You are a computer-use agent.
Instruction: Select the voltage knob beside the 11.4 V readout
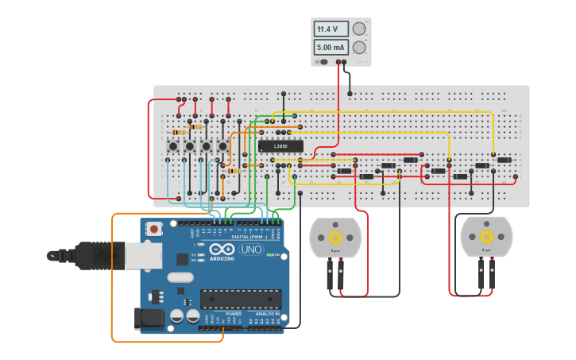coord(359,29)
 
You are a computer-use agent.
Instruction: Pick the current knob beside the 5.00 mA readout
coord(359,48)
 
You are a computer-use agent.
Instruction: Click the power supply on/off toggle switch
coord(322,61)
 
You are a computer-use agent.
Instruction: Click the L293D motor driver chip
coord(280,145)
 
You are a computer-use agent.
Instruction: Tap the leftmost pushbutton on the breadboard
coord(173,146)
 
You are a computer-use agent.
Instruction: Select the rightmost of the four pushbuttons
coord(223,146)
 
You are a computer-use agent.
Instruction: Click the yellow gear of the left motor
coord(335,237)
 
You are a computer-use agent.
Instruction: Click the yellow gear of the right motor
coord(486,237)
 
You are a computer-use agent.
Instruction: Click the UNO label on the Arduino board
coord(251,249)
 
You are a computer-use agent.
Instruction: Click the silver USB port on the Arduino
coord(143,256)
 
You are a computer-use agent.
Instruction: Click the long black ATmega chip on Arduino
coord(241,299)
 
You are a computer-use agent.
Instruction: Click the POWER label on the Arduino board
coord(234,314)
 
